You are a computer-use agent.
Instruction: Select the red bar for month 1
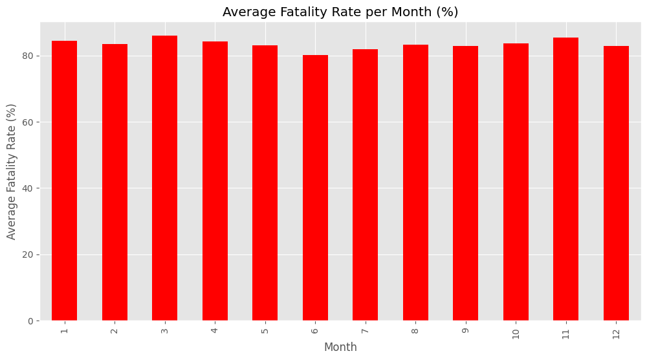pyautogui.click(x=64, y=181)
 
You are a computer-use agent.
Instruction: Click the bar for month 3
pyautogui.click(x=164, y=179)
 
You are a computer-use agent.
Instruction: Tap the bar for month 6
pyautogui.click(x=315, y=188)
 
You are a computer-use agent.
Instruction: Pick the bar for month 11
pyautogui.click(x=565, y=179)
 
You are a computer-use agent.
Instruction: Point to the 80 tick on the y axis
pyautogui.click(x=28, y=56)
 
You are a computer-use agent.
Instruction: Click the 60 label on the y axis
pyautogui.click(x=28, y=122)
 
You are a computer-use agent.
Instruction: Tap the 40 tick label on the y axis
pyautogui.click(x=28, y=188)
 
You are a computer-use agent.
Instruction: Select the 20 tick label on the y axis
pyautogui.click(x=28, y=254)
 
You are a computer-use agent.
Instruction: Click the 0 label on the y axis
pyautogui.click(x=30, y=321)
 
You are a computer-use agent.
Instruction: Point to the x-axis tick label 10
pyautogui.click(x=516, y=333)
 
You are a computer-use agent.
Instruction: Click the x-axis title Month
pyautogui.click(x=340, y=348)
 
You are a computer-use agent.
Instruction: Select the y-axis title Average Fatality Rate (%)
pyautogui.click(x=12, y=172)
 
